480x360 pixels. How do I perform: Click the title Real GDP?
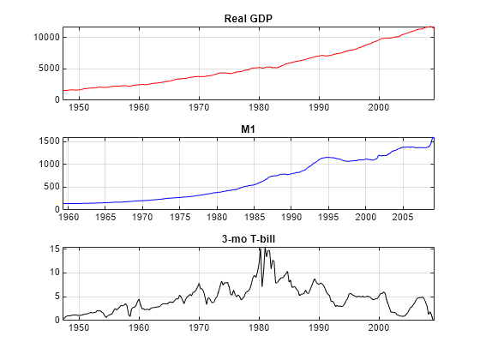248,18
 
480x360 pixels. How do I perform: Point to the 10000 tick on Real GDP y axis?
45,38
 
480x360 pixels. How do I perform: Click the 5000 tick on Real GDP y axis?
48,69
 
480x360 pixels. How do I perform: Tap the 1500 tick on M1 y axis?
48,141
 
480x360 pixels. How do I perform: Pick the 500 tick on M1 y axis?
51,187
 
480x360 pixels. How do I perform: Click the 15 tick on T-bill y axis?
53,249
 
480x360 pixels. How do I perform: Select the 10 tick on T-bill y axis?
53,273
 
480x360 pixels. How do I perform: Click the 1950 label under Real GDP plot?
79,108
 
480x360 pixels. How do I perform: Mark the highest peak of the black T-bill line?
261,249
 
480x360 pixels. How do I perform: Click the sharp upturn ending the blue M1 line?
433,139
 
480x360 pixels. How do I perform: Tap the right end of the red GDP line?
434,28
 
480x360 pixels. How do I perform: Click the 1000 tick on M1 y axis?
48,164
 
